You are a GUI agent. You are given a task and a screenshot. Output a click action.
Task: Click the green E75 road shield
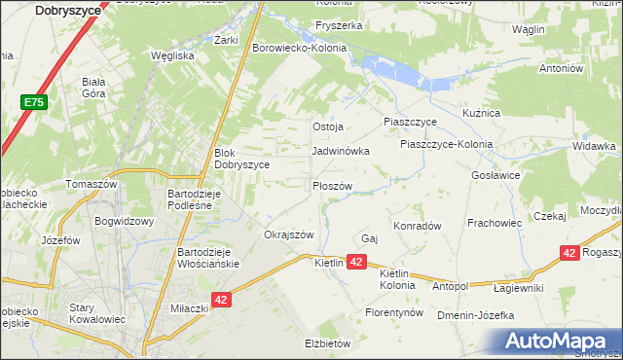pos(33,101)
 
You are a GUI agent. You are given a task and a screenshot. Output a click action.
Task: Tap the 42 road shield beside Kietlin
pos(357,263)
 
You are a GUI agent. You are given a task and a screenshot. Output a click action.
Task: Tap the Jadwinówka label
pos(340,152)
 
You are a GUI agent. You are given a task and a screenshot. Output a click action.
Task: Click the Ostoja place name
pos(328,127)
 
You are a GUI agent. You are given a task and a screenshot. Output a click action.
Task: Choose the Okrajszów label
pos(289,234)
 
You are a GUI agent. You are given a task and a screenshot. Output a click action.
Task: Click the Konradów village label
pos(418,225)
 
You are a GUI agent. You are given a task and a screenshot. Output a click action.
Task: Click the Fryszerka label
pos(338,24)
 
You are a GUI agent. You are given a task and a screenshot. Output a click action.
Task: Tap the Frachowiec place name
pos(495,223)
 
